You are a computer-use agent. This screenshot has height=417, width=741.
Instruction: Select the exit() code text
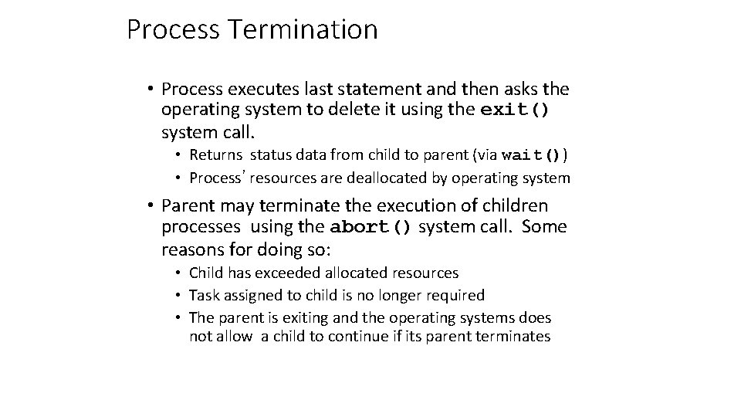(x=515, y=110)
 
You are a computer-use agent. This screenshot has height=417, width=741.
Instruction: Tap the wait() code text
(x=532, y=155)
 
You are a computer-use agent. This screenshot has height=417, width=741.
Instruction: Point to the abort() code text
(x=371, y=228)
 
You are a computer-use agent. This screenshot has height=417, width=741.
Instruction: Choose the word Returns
(x=214, y=155)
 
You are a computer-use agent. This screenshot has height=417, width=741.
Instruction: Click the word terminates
(x=513, y=336)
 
